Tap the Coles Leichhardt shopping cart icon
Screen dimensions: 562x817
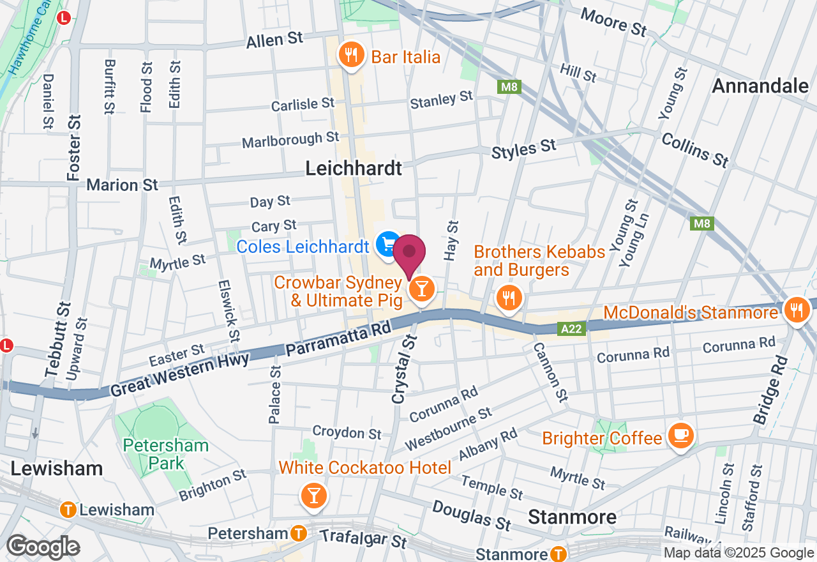(x=387, y=245)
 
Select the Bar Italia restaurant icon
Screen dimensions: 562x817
(x=350, y=56)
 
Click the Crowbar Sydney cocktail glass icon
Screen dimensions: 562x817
(x=421, y=289)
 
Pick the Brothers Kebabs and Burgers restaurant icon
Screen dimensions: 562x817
(x=508, y=297)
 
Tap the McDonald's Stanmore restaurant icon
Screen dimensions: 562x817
(x=795, y=311)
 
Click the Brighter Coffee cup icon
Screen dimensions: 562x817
(x=680, y=436)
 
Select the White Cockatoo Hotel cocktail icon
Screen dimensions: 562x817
(x=313, y=495)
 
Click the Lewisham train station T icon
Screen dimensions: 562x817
(x=67, y=510)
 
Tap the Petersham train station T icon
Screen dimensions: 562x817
(x=297, y=533)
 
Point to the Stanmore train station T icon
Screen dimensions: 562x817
(x=558, y=553)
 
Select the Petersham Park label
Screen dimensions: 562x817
(x=166, y=454)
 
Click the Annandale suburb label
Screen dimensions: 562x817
(x=760, y=86)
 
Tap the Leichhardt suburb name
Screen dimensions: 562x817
(x=354, y=168)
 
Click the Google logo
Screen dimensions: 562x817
(x=43, y=547)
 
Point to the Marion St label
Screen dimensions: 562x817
(x=122, y=185)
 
